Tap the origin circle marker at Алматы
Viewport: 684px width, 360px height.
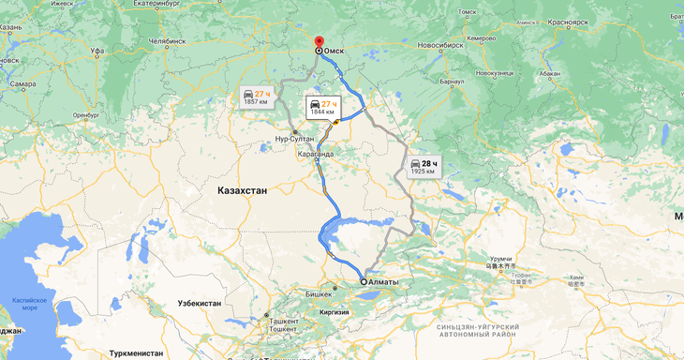tap(364, 281)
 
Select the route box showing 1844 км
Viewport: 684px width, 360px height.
tap(322, 107)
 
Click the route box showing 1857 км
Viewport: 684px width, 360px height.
tap(256, 97)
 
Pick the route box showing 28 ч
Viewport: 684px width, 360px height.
tap(424, 168)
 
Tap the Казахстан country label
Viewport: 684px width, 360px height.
tap(242, 190)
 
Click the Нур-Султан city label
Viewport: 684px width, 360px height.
tap(295, 139)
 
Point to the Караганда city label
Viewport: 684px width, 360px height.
tap(315, 153)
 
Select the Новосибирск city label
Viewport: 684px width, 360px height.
tap(441, 45)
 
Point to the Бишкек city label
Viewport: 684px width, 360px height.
tap(320, 293)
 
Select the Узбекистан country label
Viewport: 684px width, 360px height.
tap(200, 304)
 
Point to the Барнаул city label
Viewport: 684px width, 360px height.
tap(452, 82)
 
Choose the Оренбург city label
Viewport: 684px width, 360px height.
tap(85, 114)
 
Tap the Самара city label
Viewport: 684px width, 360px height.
tap(22, 84)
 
